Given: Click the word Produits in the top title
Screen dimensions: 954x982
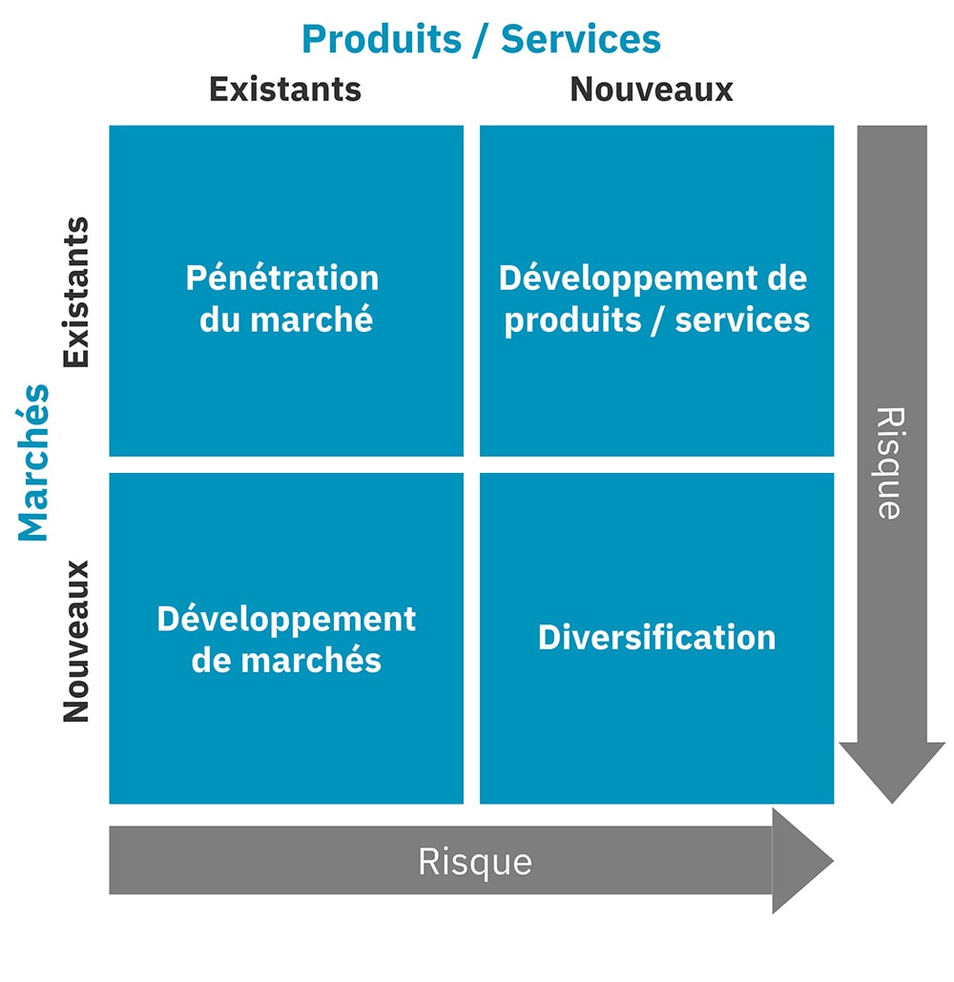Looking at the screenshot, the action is point(382,39).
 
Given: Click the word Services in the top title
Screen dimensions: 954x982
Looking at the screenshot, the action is point(581,39).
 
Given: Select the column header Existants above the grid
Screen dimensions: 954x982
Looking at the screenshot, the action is point(285,89).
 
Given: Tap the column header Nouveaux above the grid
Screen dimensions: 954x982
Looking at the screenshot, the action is point(652,89).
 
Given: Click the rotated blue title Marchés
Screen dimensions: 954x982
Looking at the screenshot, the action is point(33,462).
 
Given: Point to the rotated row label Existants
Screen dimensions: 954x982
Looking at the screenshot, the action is point(76,292).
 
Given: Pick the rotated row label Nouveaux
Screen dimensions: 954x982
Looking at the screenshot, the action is point(76,642).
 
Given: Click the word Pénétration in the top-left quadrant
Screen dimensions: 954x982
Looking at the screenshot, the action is point(282,277).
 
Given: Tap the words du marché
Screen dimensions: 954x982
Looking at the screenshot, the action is point(286,318).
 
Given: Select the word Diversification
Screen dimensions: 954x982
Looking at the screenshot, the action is point(657,637).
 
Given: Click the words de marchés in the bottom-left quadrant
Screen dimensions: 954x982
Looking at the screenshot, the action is point(286,660).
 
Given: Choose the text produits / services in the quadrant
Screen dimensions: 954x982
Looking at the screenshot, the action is point(657,320).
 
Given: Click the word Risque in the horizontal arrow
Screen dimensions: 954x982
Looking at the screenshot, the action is point(475,862).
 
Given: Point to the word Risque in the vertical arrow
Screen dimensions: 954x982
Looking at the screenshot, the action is point(890,462).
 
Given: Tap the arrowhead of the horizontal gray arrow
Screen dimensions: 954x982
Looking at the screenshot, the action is point(802,861).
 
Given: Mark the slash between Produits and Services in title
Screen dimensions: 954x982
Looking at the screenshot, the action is point(482,40).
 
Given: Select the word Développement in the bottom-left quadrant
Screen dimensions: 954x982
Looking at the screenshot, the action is point(286,620).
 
